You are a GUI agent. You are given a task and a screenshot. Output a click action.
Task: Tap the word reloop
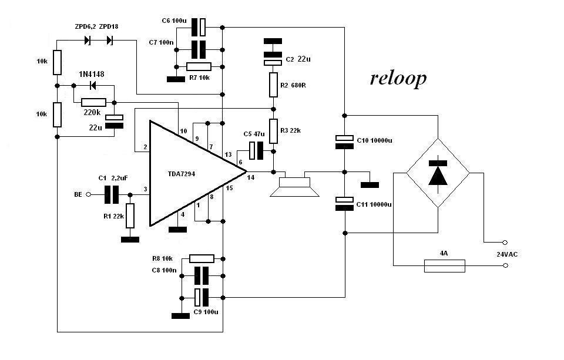pos(398,79)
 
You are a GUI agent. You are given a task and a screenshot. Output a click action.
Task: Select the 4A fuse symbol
pos(444,265)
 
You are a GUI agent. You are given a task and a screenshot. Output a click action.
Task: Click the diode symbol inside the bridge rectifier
pos(438,173)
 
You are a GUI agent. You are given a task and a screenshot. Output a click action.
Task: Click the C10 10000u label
pos(374,141)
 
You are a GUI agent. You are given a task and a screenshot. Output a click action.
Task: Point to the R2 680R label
pos(294,85)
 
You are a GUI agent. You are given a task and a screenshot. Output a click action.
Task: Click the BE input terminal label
pos(78,193)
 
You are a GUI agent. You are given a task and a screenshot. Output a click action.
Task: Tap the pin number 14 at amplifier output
pos(251,177)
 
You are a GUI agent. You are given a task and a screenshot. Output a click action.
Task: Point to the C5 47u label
pos(254,134)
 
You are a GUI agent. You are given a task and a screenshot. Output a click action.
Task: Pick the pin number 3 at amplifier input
pos(145,189)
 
